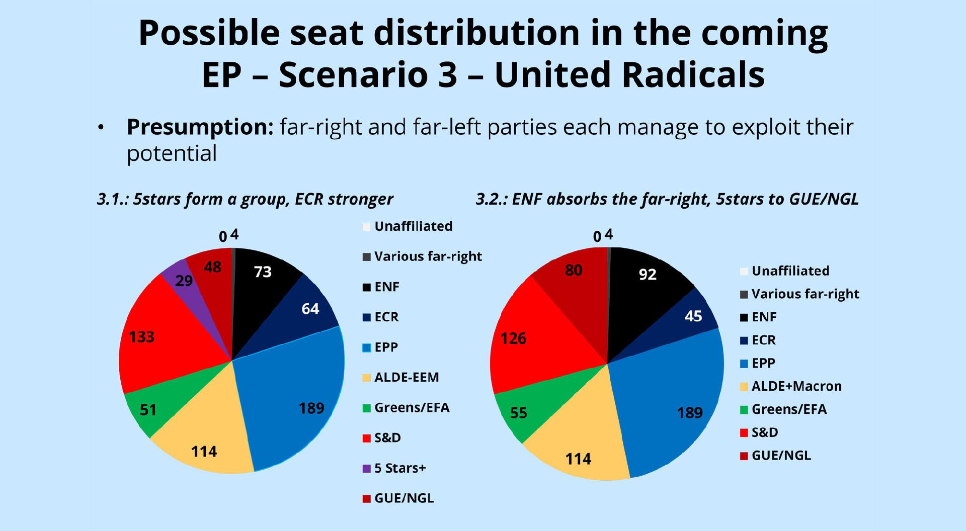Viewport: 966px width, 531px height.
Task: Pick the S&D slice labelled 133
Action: point(156,337)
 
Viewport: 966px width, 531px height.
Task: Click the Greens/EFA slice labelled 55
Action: point(528,407)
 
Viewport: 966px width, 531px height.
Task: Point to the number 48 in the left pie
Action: point(213,267)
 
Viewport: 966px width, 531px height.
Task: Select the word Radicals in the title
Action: point(629,74)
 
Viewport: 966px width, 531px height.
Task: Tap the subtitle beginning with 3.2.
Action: point(667,200)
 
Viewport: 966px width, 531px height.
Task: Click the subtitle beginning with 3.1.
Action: point(245,200)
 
